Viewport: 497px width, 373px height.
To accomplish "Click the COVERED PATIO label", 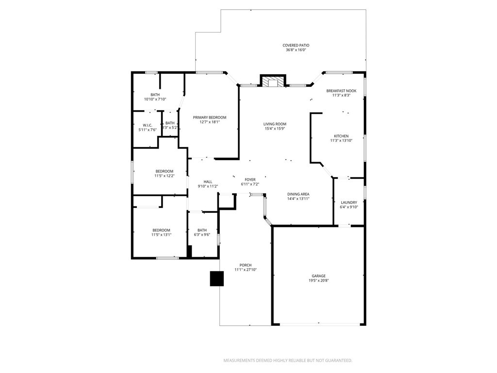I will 296,45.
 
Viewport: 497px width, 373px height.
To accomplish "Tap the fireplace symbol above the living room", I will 273,81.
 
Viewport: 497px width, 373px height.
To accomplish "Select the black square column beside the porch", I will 216,278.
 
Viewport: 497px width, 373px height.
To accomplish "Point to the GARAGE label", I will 318,276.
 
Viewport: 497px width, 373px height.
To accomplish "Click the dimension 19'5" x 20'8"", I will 318,281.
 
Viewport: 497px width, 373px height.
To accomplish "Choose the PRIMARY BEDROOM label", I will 210,118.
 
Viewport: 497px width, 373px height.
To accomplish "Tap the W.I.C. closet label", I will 148,125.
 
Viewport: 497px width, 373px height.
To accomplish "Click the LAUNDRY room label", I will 349,203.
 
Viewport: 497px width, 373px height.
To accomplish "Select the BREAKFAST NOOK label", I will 341,91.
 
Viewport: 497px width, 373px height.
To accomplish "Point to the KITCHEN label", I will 341,136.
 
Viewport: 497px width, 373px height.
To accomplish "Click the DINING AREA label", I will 298,194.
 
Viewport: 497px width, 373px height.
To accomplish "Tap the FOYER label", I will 250,180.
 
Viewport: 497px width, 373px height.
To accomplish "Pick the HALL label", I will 208,182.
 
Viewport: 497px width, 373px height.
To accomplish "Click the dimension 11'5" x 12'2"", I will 164,176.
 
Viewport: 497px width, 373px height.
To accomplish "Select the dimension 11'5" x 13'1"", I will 161,235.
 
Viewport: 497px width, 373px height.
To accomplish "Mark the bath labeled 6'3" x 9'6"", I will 202,232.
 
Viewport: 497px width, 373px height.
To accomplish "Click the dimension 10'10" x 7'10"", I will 155,99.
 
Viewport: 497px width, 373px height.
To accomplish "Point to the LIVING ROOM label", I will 275,124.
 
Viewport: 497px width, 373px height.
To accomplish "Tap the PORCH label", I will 246,265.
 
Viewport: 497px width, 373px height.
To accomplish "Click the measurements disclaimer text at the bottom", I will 287,360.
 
